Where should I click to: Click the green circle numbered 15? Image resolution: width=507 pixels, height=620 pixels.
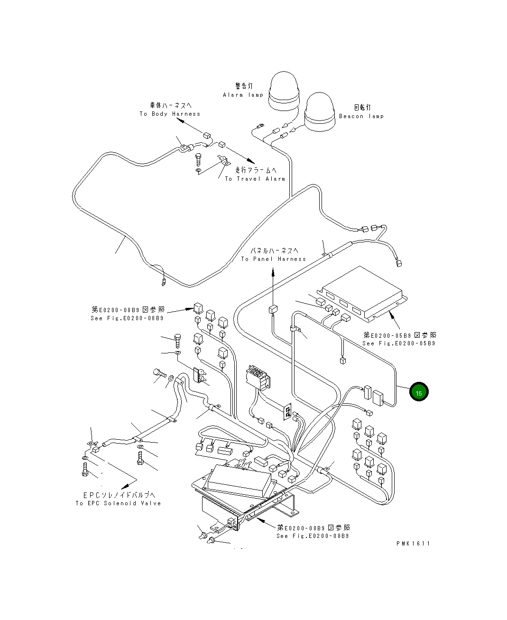click(419, 391)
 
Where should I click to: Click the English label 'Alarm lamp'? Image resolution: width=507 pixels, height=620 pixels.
click(243, 95)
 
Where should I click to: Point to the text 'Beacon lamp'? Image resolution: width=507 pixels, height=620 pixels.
click(361, 116)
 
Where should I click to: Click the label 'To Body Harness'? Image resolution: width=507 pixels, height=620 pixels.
click(170, 114)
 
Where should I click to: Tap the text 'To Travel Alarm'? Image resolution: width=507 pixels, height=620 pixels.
click(255, 179)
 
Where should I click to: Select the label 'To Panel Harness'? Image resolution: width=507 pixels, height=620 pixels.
click(274, 259)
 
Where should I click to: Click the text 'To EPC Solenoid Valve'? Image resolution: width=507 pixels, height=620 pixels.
click(118, 503)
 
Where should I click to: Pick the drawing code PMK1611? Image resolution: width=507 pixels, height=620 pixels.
click(413, 544)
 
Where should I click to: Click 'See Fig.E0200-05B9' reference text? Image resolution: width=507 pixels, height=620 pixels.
click(399, 343)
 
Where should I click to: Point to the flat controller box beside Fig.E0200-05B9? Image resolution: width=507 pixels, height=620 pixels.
click(362, 294)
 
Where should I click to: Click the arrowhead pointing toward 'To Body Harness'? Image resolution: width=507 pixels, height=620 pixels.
click(180, 120)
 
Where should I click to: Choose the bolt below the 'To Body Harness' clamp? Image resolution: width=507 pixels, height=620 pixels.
click(198, 160)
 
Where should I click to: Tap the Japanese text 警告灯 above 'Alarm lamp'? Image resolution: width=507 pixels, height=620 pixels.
click(244, 86)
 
